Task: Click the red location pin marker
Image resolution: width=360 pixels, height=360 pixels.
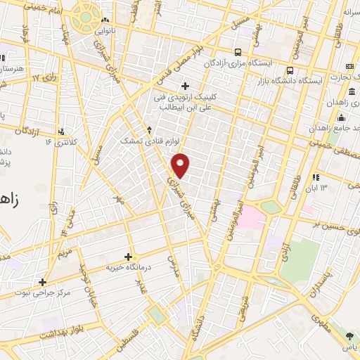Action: (181, 165)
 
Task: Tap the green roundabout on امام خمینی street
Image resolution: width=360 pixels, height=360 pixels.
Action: (86, 16)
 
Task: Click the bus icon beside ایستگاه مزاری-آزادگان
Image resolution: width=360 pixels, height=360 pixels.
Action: (238, 51)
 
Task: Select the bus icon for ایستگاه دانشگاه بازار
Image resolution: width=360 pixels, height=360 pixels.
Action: (290, 70)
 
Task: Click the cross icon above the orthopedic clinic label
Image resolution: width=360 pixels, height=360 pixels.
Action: (184, 86)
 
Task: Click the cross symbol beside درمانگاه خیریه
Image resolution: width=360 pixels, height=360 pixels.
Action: (128, 257)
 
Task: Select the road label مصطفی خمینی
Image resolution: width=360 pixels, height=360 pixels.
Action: (334, 143)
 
